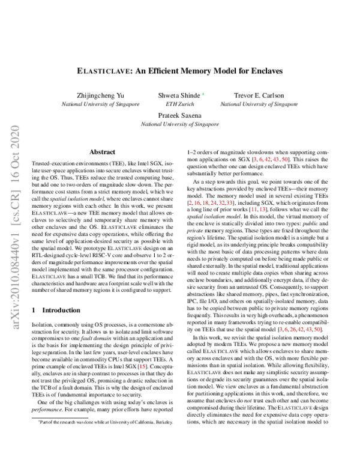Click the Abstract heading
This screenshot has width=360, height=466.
click(x=103, y=153)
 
